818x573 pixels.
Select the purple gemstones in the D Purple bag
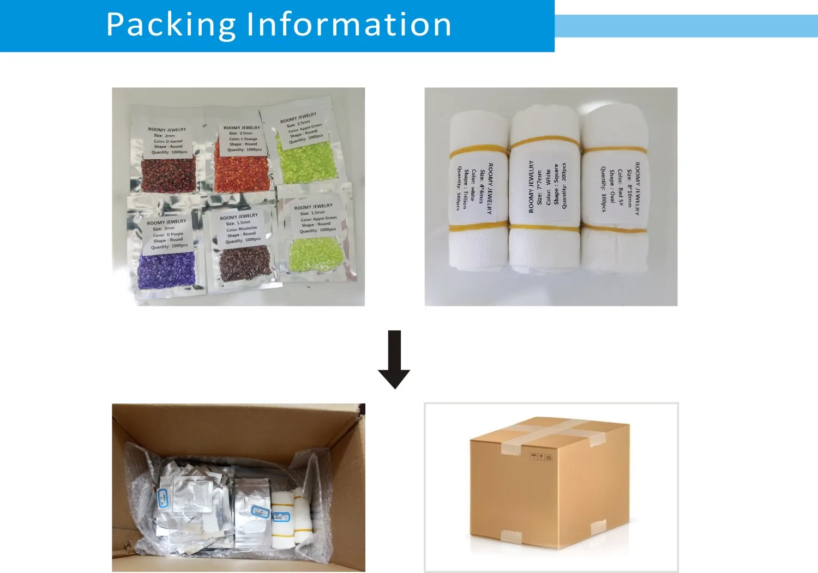tap(166, 270)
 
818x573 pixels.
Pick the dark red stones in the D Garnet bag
tap(169, 174)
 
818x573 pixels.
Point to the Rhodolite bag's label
tap(240, 228)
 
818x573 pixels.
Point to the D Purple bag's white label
tap(167, 234)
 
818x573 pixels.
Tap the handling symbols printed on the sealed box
tap(540, 456)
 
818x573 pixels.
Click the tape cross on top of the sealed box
tap(551, 431)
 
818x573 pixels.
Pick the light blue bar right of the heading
tap(686, 26)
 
